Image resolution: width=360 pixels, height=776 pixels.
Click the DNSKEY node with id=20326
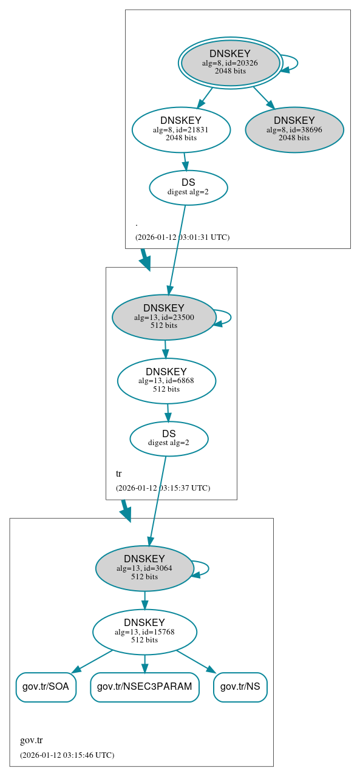[229, 63]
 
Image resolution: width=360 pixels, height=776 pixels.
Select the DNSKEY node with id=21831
[181, 129]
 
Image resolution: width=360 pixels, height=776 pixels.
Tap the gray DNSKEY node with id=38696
[294, 129]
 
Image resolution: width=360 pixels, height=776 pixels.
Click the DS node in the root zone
[188, 188]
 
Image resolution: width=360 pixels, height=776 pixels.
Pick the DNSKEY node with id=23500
[164, 317]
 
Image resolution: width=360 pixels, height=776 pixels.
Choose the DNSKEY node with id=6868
[166, 381]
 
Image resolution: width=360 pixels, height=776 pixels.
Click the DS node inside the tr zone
[169, 438]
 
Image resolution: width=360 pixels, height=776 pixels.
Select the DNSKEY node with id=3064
[144, 568]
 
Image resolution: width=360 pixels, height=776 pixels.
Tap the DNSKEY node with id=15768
[144, 631]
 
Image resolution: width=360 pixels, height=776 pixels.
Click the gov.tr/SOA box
[46, 687]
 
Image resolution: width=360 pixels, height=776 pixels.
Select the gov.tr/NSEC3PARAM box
[144, 687]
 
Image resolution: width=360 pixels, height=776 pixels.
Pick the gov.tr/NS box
[240, 687]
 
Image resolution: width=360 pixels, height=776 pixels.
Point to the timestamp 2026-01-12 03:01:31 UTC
[182, 237]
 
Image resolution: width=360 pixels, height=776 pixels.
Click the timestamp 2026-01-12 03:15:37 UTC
[163, 488]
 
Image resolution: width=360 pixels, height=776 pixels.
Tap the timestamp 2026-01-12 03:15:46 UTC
[67, 755]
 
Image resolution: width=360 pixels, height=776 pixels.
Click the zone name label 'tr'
[119, 473]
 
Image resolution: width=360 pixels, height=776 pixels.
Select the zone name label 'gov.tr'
[32, 740]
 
